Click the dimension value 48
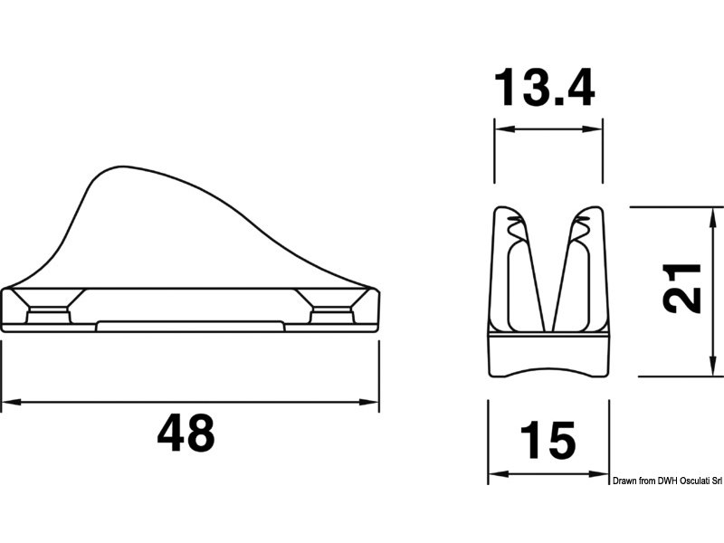[x=186, y=433]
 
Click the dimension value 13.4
[x=545, y=87]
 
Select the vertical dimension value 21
[x=681, y=289]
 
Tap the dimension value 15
[x=548, y=441]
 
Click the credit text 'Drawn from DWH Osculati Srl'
[x=667, y=481]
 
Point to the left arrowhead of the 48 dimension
[x=10, y=403]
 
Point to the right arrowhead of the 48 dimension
[x=369, y=403]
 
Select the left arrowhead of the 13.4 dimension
[x=504, y=129]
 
